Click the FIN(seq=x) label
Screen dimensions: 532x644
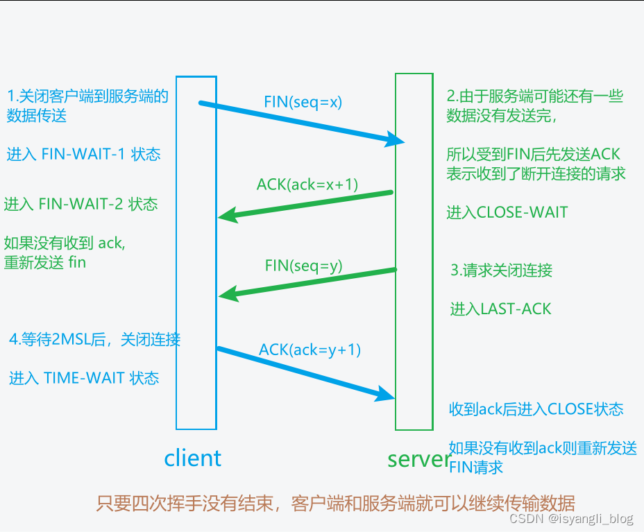[303, 102]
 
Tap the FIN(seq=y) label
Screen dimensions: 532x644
[304, 266]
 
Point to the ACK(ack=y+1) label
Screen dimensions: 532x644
[310, 350]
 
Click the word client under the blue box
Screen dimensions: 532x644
[192, 458]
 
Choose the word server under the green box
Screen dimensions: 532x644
[419, 458]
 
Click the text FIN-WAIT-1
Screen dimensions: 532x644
[86, 154]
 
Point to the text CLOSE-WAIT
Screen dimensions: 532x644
[522, 212]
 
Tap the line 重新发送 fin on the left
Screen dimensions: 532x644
[45, 263]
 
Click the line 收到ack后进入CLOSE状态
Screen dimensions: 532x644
[536, 409]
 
